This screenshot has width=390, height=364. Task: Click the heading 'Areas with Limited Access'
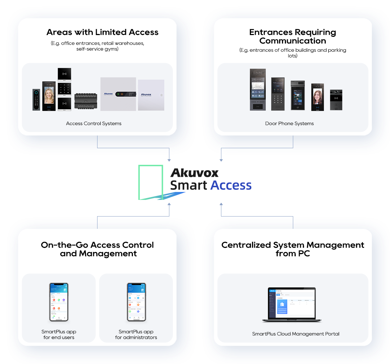[102, 32]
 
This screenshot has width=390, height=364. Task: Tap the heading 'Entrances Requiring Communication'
[292, 37]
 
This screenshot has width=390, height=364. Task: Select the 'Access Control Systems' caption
[94, 124]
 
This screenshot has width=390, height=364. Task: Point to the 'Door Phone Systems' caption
[289, 124]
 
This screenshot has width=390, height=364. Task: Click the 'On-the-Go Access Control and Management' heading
[97, 249]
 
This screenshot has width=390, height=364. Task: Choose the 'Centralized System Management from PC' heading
[292, 249]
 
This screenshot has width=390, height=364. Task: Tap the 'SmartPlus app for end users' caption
[58, 335]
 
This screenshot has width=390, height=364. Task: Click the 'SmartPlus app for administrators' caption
[136, 335]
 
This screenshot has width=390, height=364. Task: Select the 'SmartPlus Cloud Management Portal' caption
[295, 334]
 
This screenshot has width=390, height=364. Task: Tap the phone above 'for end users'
[58, 302]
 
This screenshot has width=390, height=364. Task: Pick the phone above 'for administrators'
[136, 302]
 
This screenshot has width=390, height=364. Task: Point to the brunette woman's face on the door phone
[318, 96]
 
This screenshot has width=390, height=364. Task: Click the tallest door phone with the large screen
[258, 90]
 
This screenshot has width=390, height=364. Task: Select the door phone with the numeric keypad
[278, 94]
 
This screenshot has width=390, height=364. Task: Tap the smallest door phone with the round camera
[336, 100]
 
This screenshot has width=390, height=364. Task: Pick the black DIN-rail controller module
[86, 102]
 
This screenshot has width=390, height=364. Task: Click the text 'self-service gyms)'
[97, 49]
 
